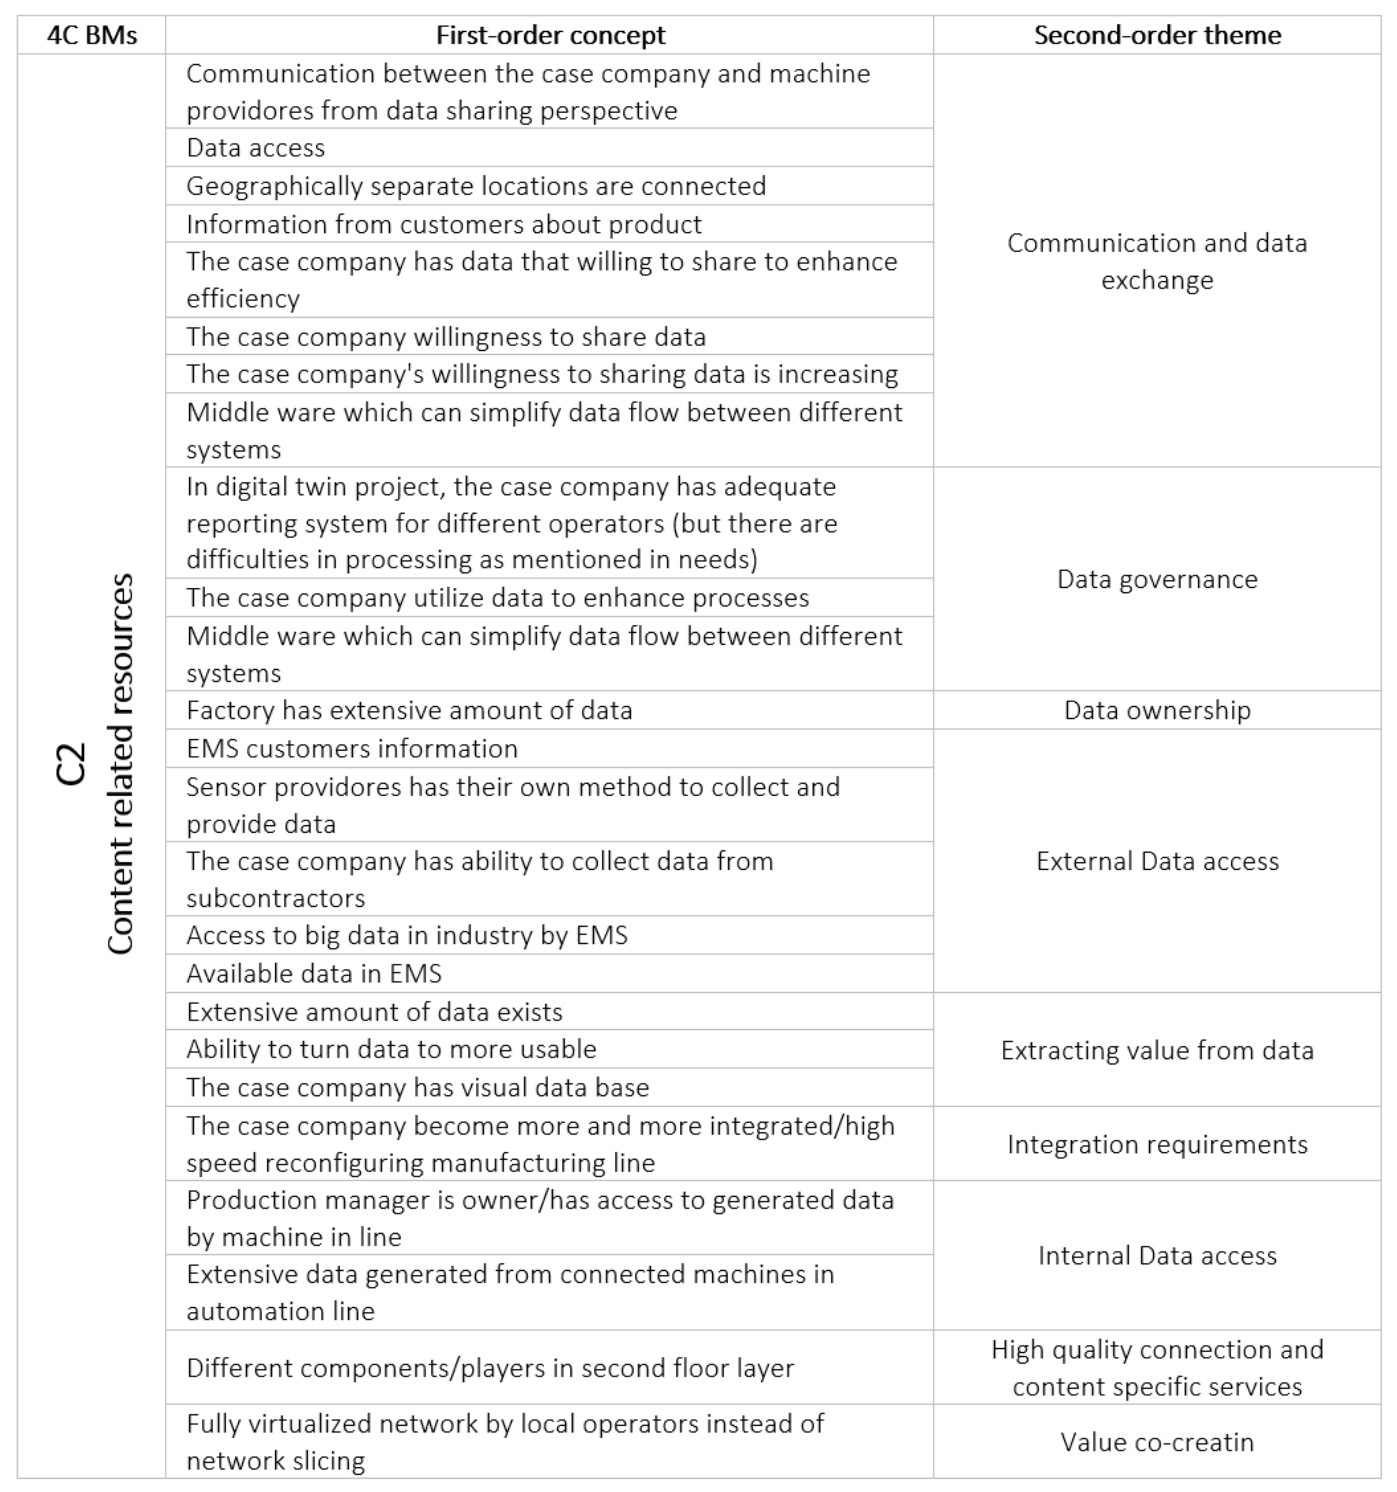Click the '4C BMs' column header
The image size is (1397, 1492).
(x=91, y=35)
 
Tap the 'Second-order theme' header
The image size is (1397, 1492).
(x=1157, y=35)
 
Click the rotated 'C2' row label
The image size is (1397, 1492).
(x=71, y=764)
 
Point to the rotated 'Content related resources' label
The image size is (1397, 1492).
(x=120, y=764)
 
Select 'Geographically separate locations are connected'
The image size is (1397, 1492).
(x=476, y=186)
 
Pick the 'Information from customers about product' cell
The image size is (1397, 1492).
(x=444, y=224)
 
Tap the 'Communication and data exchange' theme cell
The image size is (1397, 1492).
(x=1157, y=261)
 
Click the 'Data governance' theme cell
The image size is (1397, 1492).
(x=1157, y=580)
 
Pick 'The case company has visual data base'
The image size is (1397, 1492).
(x=417, y=1087)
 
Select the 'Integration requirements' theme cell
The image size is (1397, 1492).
(x=1157, y=1144)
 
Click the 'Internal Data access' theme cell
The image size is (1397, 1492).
(x=1157, y=1256)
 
